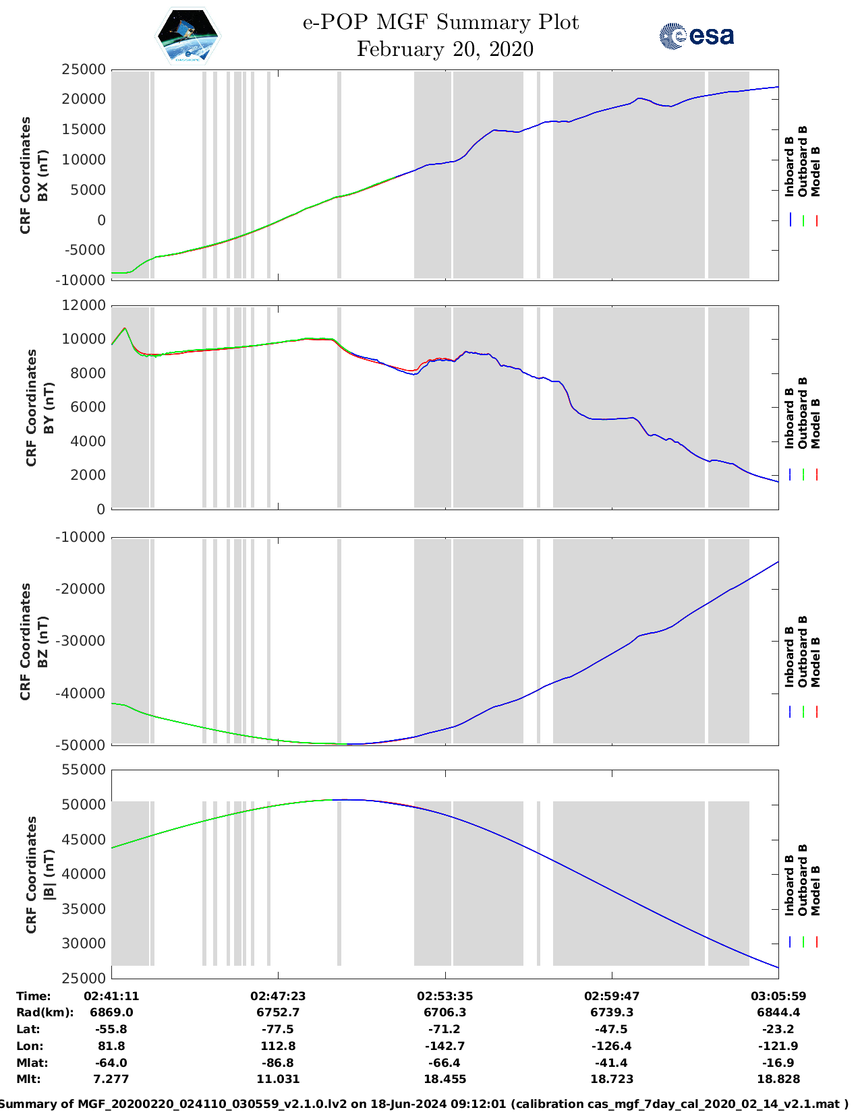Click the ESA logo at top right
coord(696,36)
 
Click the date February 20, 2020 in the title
coord(445,49)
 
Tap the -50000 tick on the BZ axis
coord(80,745)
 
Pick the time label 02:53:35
coord(445,996)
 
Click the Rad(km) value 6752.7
coord(278,1012)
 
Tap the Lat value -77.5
coord(278,1029)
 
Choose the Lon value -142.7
coord(445,1046)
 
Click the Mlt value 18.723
coord(612,1079)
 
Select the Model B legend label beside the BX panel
coord(815,171)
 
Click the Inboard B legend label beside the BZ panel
coord(789,657)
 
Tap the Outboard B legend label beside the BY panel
coord(803,412)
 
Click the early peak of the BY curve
coord(125,328)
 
